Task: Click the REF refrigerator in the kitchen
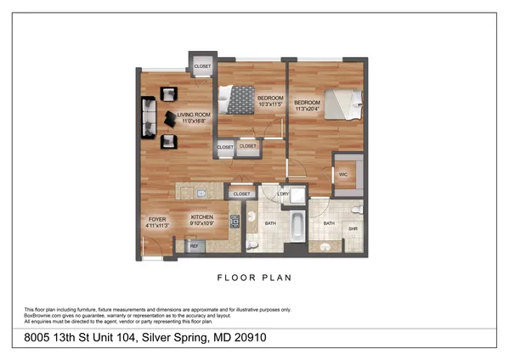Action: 193,246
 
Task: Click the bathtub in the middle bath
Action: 297,225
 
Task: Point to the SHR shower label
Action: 353,228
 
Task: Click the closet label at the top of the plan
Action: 202,65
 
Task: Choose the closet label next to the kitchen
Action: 241,194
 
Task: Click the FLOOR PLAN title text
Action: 254,278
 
